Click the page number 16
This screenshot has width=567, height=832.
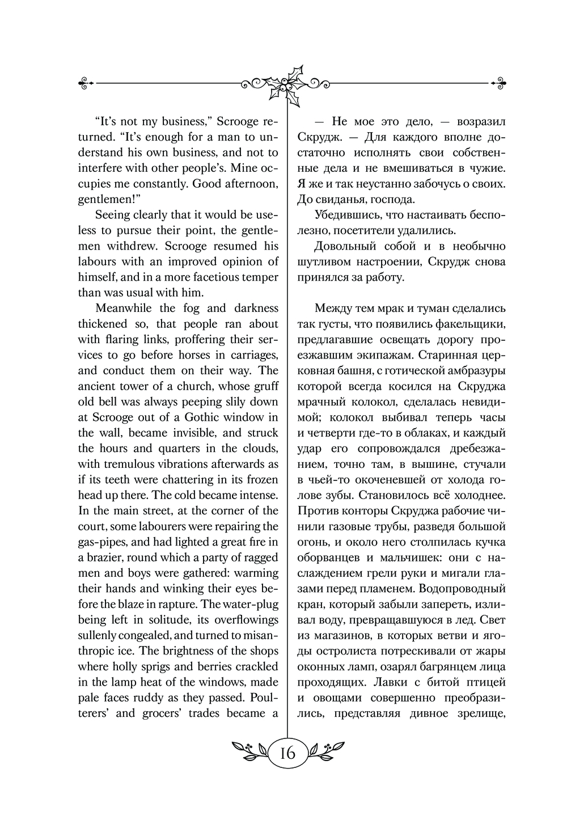[287, 753]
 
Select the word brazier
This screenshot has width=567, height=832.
[104, 558]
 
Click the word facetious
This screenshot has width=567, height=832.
[214, 277]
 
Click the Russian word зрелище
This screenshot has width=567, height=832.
[475, 713]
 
